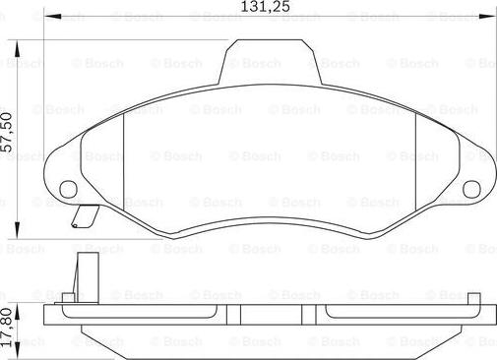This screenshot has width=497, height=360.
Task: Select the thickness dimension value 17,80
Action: (7, 322)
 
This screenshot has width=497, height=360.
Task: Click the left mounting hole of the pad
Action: (68, 190)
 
